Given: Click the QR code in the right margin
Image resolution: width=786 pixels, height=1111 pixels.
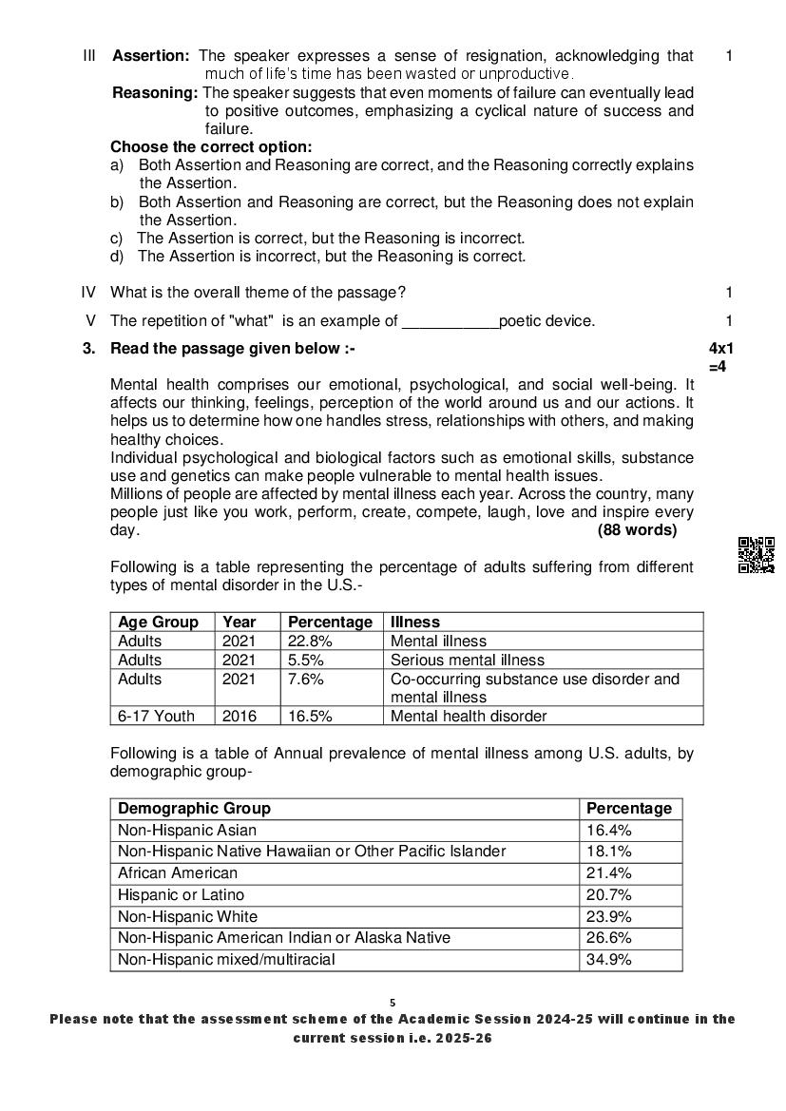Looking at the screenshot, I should pos(757,555).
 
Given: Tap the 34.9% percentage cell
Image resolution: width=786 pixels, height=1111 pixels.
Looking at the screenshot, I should pos(609,960).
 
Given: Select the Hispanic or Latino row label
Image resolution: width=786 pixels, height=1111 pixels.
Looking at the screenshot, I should pos(181,894).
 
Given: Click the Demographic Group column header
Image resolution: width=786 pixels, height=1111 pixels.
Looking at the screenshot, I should pos(194,809).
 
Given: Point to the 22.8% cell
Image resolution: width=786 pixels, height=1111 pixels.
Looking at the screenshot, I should pos(310,642).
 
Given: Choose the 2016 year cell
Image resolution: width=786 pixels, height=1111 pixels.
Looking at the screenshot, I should pos(240,716).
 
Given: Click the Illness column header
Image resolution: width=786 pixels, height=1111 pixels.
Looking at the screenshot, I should pos(415,623).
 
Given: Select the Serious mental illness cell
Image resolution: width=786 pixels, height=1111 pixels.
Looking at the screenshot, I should pos(468,660).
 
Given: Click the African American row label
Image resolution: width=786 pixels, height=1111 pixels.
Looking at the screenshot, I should pos(178,872).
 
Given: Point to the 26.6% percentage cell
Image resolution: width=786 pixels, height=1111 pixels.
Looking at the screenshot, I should pos(609,938).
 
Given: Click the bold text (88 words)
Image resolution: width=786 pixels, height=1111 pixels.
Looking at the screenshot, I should pos(637,530).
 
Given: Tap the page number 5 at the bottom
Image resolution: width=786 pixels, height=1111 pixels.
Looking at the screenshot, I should pos(393,1002).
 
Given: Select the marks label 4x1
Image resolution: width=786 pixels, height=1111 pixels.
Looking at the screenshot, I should pos(721,349).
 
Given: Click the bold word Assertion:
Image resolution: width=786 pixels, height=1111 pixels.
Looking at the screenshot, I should pos(151,56).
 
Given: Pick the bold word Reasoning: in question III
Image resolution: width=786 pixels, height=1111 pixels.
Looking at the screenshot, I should pos(155,93).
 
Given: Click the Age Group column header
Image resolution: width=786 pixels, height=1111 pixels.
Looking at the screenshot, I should pos(158,623).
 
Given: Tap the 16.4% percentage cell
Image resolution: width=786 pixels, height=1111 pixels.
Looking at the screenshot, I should pos(609,831).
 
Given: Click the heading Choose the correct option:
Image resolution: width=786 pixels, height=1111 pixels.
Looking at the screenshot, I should pos(211,147).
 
